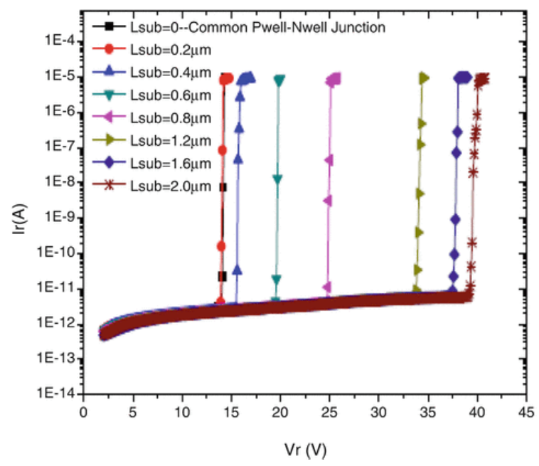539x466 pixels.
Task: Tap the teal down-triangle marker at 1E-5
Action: coord(280,80)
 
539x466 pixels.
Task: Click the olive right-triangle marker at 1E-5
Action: coord(424,78)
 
